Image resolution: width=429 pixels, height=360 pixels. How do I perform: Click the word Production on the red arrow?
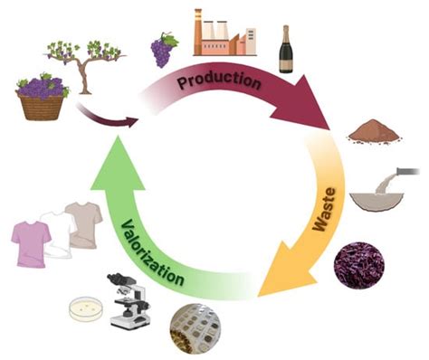(x=219, y=81)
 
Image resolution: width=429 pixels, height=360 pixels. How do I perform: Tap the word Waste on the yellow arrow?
(x=324, y=209)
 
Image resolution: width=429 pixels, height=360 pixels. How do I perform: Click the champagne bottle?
(x=286, y=49)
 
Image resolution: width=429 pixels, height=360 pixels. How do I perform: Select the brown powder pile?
(x=375, y=131)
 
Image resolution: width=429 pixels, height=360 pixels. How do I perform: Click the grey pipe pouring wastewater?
(x=407, y=171)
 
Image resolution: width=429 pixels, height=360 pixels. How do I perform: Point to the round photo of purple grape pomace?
(x=359, y=265)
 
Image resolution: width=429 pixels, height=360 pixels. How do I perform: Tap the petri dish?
(x=86, y=308)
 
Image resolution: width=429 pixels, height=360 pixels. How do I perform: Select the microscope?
(x=129, y=300)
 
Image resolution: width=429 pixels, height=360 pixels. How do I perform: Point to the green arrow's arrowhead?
(x=119, y=165)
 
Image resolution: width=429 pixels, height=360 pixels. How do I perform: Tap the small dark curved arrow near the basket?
(x=106, y=118)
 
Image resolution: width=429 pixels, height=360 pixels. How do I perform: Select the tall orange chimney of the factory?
(x=197, y=32)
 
